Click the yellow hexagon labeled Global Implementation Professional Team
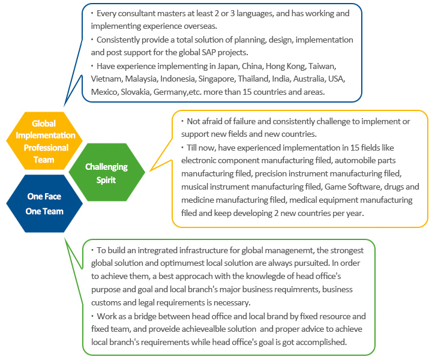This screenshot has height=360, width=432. [44, 141]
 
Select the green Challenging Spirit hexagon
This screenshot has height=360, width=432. [107, 172]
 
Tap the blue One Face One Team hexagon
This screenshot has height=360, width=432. [44, 203]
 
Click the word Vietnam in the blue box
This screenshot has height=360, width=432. [107, 79]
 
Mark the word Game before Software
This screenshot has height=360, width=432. [335, 187]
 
